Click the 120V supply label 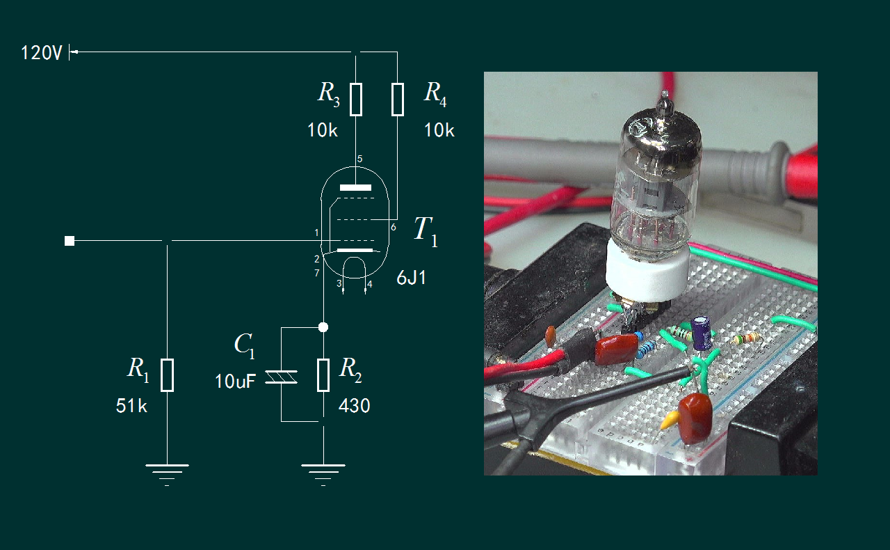pyautogui.click(x=42, y=53)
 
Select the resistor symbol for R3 pyautogui.click(x=355, y=99)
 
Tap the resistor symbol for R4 pyautogui.click(x=397, y=99)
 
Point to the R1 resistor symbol pyautogui.click(x=167, y=375)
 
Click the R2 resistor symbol pyautogui.click(x=323, y=375)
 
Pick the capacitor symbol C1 pyautogui.click(x=282, y=376)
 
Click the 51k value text pyautogui.click(x=131, y=407)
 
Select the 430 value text pyautogui.click(x=354, y=406)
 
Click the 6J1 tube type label pyautogui.click(x=411, y=279)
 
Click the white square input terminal pyautogui.click(x=70, y=241)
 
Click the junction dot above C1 pyautogui.click(x=323, y=327)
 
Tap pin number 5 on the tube pyautogui.click(x=359, y=159)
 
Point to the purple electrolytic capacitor pyautogui.click(x=701, y=333)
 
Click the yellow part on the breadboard pyautogui.click(x=670, y=420)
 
